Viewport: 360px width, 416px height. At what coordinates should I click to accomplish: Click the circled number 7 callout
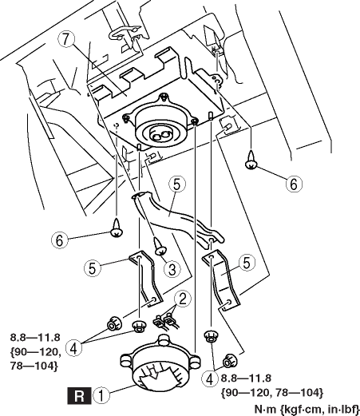coord(66,39)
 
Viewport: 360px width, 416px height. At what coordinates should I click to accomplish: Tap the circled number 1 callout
coord(101,394)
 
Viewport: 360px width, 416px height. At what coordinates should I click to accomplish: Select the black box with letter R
coord(79,395)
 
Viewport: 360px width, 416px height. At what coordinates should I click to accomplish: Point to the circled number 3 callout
coord(172,269)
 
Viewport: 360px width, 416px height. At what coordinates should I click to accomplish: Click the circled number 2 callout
coord(183,299)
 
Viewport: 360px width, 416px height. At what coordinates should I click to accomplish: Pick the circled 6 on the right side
coord(294,184)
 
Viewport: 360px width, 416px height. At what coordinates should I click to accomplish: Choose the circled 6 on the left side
coord(60,240)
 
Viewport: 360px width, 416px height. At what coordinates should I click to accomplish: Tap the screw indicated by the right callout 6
coord(251,160)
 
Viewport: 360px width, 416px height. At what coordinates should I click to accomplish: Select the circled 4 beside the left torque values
coord(74,348)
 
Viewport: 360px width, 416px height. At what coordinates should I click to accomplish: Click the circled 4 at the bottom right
coord(210,379)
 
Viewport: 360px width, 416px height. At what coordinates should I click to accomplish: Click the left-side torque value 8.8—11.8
coord(35,338)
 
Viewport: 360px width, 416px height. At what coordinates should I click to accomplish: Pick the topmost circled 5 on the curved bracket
coord(177,184)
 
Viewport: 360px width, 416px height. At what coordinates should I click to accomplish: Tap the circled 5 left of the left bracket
coord(93,268)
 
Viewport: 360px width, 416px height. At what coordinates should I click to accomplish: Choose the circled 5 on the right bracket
coord(247,263)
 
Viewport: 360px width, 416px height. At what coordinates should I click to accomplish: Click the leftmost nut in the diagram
coord(114,324)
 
